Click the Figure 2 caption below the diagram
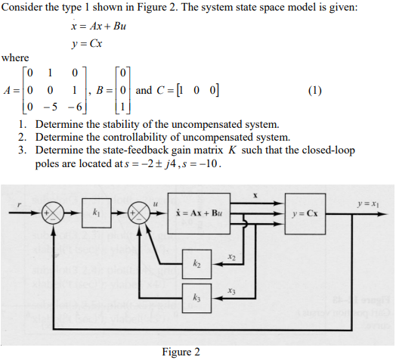(x=181, y=352)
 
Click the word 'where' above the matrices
(x=15, y=57)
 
